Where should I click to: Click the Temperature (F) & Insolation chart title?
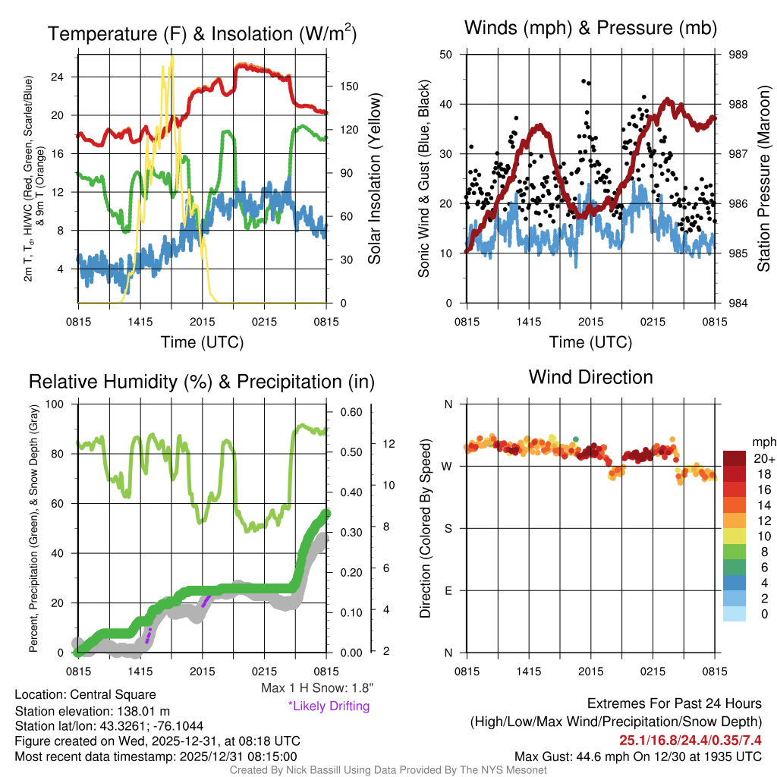click(202, 34)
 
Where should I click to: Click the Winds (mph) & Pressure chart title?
click(590, 28)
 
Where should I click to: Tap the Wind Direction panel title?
click(590, 377)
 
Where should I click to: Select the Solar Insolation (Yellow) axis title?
click(374, 178)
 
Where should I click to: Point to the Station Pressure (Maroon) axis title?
click(763, 178)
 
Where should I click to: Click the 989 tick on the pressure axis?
click(738, 55)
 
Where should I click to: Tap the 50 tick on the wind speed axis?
click(446, 55)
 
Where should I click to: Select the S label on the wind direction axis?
click(448, 529)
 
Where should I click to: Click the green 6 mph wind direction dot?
click(576, 439)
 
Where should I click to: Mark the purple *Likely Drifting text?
click(329, 706)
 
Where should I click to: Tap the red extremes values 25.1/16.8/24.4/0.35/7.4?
click(690, 740)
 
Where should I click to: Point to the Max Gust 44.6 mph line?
click(637, 756)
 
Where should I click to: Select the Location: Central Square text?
click(85, 695)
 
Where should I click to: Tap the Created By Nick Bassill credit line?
click(388, 770)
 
